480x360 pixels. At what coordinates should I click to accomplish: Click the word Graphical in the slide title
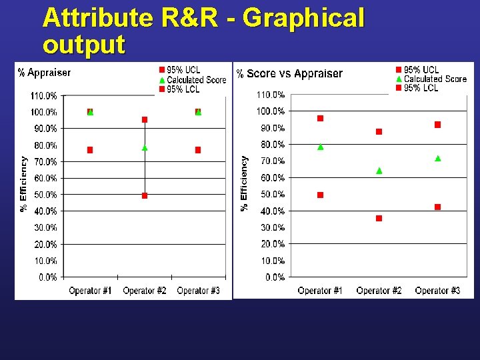point(303,18)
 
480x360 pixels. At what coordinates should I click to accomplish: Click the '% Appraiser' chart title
point(44,72)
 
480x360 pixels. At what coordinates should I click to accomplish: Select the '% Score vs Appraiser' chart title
point(290,73)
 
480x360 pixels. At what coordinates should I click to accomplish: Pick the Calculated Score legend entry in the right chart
point(435,79)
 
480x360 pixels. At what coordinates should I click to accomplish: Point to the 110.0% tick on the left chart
point(44,96)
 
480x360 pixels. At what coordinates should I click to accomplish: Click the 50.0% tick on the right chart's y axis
point(272,194)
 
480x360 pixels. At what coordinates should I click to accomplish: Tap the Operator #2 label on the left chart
point(145,291)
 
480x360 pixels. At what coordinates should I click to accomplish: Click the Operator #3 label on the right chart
point(437,291)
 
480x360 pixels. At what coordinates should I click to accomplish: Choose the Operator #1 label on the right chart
point(320,291)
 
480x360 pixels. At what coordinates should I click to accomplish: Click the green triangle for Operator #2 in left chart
point(145,147)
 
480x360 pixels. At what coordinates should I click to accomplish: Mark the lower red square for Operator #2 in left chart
point(145,195)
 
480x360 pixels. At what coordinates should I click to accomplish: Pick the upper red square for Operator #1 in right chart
point(321,118)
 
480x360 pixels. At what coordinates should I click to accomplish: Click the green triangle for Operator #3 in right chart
point(438,158)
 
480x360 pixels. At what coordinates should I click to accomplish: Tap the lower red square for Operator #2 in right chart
point(379,218)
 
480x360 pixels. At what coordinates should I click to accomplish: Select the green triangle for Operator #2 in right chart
point(379,171)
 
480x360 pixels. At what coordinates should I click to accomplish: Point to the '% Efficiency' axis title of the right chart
point(245,183)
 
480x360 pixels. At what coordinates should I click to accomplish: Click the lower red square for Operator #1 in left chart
point(90,150)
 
